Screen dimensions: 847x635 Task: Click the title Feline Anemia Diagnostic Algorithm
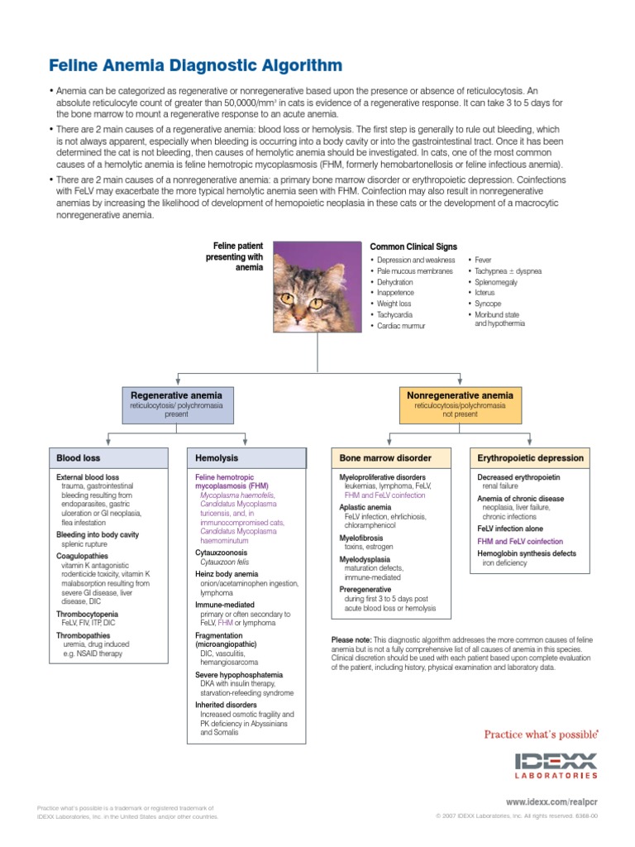point(195,65)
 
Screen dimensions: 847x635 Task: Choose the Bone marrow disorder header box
point(392,457)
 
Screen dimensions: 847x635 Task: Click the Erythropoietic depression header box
point(530,457)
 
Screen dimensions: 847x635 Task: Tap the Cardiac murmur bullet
point(400,326)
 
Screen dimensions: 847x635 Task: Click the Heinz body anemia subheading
point(227,573)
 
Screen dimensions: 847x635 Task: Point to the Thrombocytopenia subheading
point(87,615)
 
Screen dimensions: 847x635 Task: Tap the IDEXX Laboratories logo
point(556,765)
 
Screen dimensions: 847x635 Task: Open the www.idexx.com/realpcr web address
point(551,802)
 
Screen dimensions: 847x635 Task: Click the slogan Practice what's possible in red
point(539,735)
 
